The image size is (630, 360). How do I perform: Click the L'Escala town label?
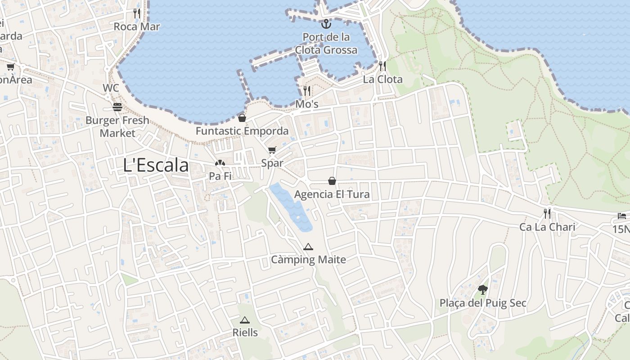[x=156, y=165]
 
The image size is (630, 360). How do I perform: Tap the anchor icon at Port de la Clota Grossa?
[x=326, y=24]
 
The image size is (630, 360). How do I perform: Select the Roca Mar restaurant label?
[x=137, y=27]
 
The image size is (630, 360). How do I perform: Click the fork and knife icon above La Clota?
[x=382, y=66]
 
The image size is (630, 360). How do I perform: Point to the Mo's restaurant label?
[x=307, y=104]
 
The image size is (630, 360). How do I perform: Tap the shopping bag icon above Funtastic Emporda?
[x=242, y=118]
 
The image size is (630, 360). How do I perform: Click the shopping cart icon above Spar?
[x=272, y=150]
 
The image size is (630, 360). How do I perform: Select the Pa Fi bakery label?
[x=220, y=176]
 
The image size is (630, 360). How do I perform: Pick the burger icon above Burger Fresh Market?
[x=117, y=107]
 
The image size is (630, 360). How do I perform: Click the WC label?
[x=111, y=88]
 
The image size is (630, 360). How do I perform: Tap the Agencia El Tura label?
[x=332, y=194]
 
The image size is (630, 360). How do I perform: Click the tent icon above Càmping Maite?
[x=308, y=247]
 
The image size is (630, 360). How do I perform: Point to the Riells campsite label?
[x=245, y=333]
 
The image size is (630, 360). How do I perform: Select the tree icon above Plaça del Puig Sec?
[x=483, y=289]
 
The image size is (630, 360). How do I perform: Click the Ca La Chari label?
[x=547, y=227]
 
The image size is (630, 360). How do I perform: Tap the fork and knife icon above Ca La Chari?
[x=547, y=213]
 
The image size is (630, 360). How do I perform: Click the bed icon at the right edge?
[x=622, y=216]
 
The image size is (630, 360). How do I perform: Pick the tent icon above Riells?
[x=245, y=320]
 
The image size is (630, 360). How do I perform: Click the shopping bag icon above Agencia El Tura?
[x=332, y=181]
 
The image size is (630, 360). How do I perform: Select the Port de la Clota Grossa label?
[x=326, y=43]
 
